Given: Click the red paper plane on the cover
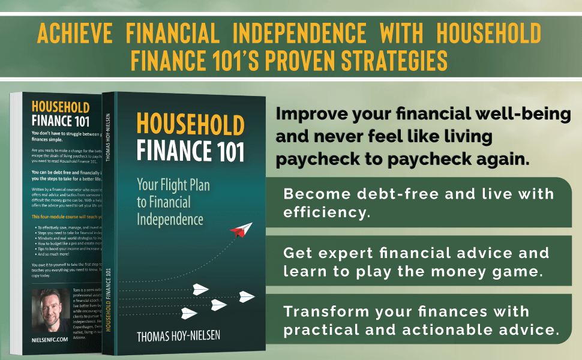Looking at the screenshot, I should [241, 229].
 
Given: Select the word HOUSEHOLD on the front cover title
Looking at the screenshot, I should [190, 125].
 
